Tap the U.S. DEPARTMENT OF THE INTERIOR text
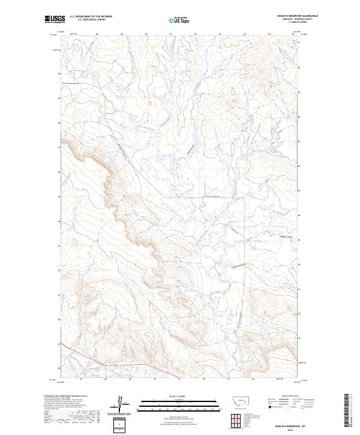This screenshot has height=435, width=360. pyautogui.click(x=91, y=16)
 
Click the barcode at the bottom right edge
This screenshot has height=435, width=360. pyautogui.click(x=347, y=412)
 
